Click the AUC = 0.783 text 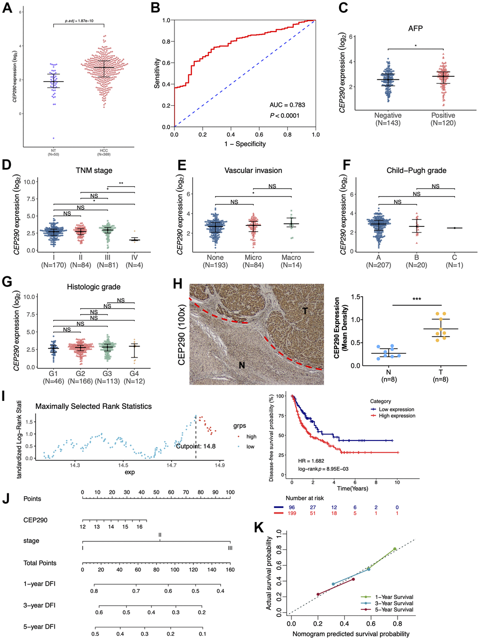click(287, 105)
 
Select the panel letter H click(178, 284)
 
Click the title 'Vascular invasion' click(253, 170)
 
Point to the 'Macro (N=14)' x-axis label click(291, 261)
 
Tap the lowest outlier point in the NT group click(53, 138)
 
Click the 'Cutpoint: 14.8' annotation click(196, 446)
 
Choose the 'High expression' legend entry click(397, 416)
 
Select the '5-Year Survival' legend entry click(394, 609)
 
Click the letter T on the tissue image click(305, 311)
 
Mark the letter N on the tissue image click(241, 365)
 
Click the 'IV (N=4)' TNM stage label click(134, 261)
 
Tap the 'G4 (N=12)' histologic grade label click(134, 377)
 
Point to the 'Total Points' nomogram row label click(40, 563)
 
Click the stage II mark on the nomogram click(160, 535)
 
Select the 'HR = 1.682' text click(311, 461)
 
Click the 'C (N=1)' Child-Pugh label click(455, 261)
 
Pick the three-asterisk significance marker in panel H click(416, 299)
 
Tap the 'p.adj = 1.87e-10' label click(79, 21)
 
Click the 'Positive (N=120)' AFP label click(443, 119)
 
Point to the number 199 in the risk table click(292, 513)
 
